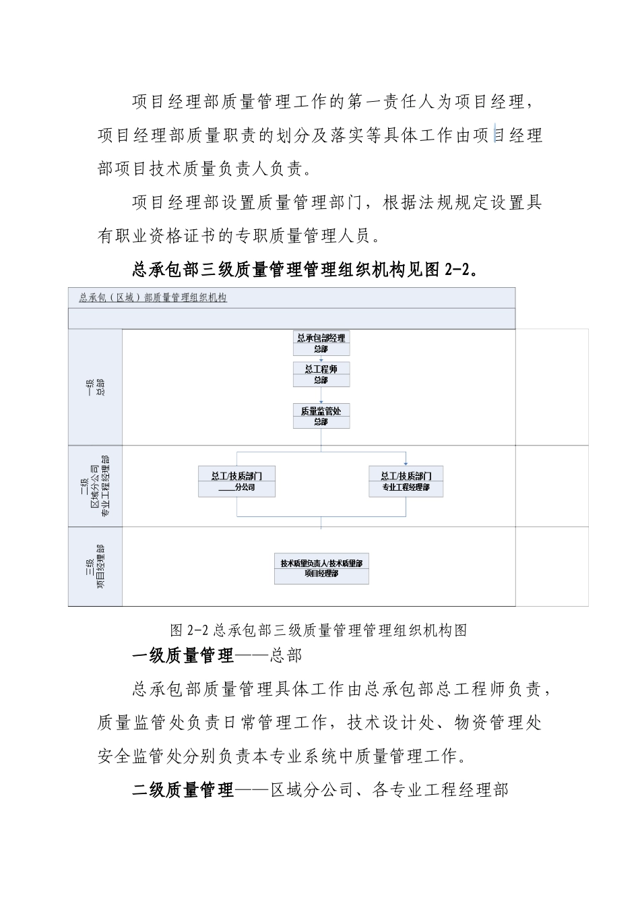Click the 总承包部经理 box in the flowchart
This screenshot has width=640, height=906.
pyautogui.click(x=321, y=343)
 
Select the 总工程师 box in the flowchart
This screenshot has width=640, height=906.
pyautogui.click(x=321, y=374)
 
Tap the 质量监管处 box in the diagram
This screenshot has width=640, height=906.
pyautogui.click(x=321, y=416)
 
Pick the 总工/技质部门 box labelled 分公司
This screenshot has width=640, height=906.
pyautogui.click(x=236, y=481)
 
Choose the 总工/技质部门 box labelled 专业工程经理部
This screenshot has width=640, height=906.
pyautogui.click(x=406, y=481)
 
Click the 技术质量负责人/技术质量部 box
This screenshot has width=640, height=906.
pyautogui.click(x=321, y=568)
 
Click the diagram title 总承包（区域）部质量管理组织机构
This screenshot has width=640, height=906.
pyautogui.click(x=153, y=297)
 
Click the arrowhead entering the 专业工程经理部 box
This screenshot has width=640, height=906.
pyautogui.click(x=406, y=462)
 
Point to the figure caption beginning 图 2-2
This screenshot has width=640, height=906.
pyautogui.click(x=319, y=630)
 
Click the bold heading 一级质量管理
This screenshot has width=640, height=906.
pyautogui.click(x=183, y=655)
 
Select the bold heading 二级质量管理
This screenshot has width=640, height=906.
pyautogui.click(x=183, y=789)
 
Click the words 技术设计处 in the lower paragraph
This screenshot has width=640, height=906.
pyautogui.click(x=391, y=723)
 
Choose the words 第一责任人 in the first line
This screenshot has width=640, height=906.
pyautogui.click(x=391, y=102)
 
